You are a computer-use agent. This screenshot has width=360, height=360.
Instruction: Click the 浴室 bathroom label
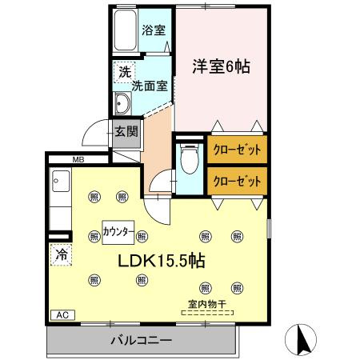(154, 31)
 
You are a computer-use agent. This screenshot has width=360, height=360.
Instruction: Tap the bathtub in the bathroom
(126, 32)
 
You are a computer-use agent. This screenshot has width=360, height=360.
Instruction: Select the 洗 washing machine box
(124, 71)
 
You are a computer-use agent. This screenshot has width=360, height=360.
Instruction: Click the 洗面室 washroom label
(150, 86)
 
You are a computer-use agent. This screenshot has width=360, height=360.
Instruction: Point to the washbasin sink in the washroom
(126, 103)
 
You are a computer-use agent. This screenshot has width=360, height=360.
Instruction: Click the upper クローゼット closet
(237, 150)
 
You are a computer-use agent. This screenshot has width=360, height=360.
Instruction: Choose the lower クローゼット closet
(237, 180)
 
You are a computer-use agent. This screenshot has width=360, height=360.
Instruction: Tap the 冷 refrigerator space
(61, 256)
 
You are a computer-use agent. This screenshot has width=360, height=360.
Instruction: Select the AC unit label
(62, 314)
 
